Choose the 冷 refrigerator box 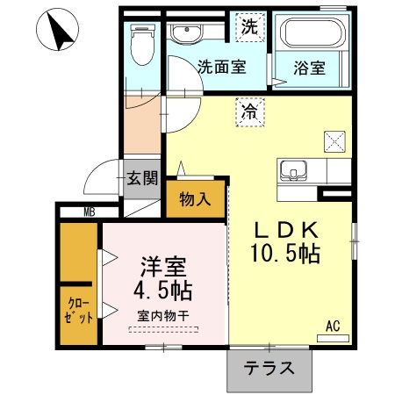point(249,111)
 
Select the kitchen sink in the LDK point(293,169)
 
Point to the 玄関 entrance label point(141,179)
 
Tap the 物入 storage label point(196,198)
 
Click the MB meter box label point(90,212)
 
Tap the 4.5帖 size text point(163,289)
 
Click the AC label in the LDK point(333,326)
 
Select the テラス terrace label point(269,369)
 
